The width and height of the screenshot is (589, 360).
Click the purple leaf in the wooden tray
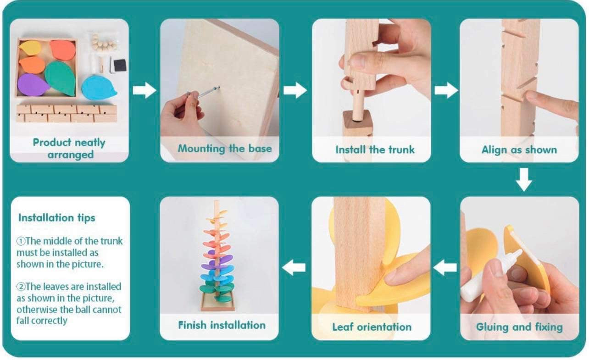[x=33, y=85]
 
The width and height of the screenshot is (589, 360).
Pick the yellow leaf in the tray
[x=30, y=48]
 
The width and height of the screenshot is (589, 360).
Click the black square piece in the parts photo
[x=120, y=66]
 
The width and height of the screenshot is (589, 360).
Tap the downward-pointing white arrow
[x=524, y=180]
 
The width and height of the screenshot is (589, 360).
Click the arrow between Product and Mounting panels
[x=144, y=90]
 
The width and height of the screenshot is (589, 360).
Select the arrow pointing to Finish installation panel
[x=294, y=267]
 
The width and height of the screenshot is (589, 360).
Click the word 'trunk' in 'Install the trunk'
[x=401, y=150]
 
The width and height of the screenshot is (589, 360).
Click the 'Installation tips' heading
[x=56, y=218]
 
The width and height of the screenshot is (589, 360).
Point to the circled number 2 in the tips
[x=21, y=286]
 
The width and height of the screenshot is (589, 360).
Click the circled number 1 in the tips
[x=21, y=241]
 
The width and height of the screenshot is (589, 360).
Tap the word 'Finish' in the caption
[x=192, y=325]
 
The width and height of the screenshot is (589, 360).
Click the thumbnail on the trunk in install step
[x=357, y=61]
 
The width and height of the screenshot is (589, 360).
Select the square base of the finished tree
[x=217, y=302]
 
